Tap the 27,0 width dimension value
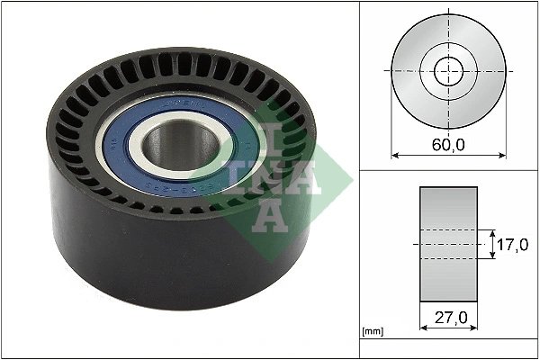point(448,318)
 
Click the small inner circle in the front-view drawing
point(448,70)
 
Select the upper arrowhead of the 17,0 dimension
point(493,232)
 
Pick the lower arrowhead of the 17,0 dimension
point(493,256)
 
